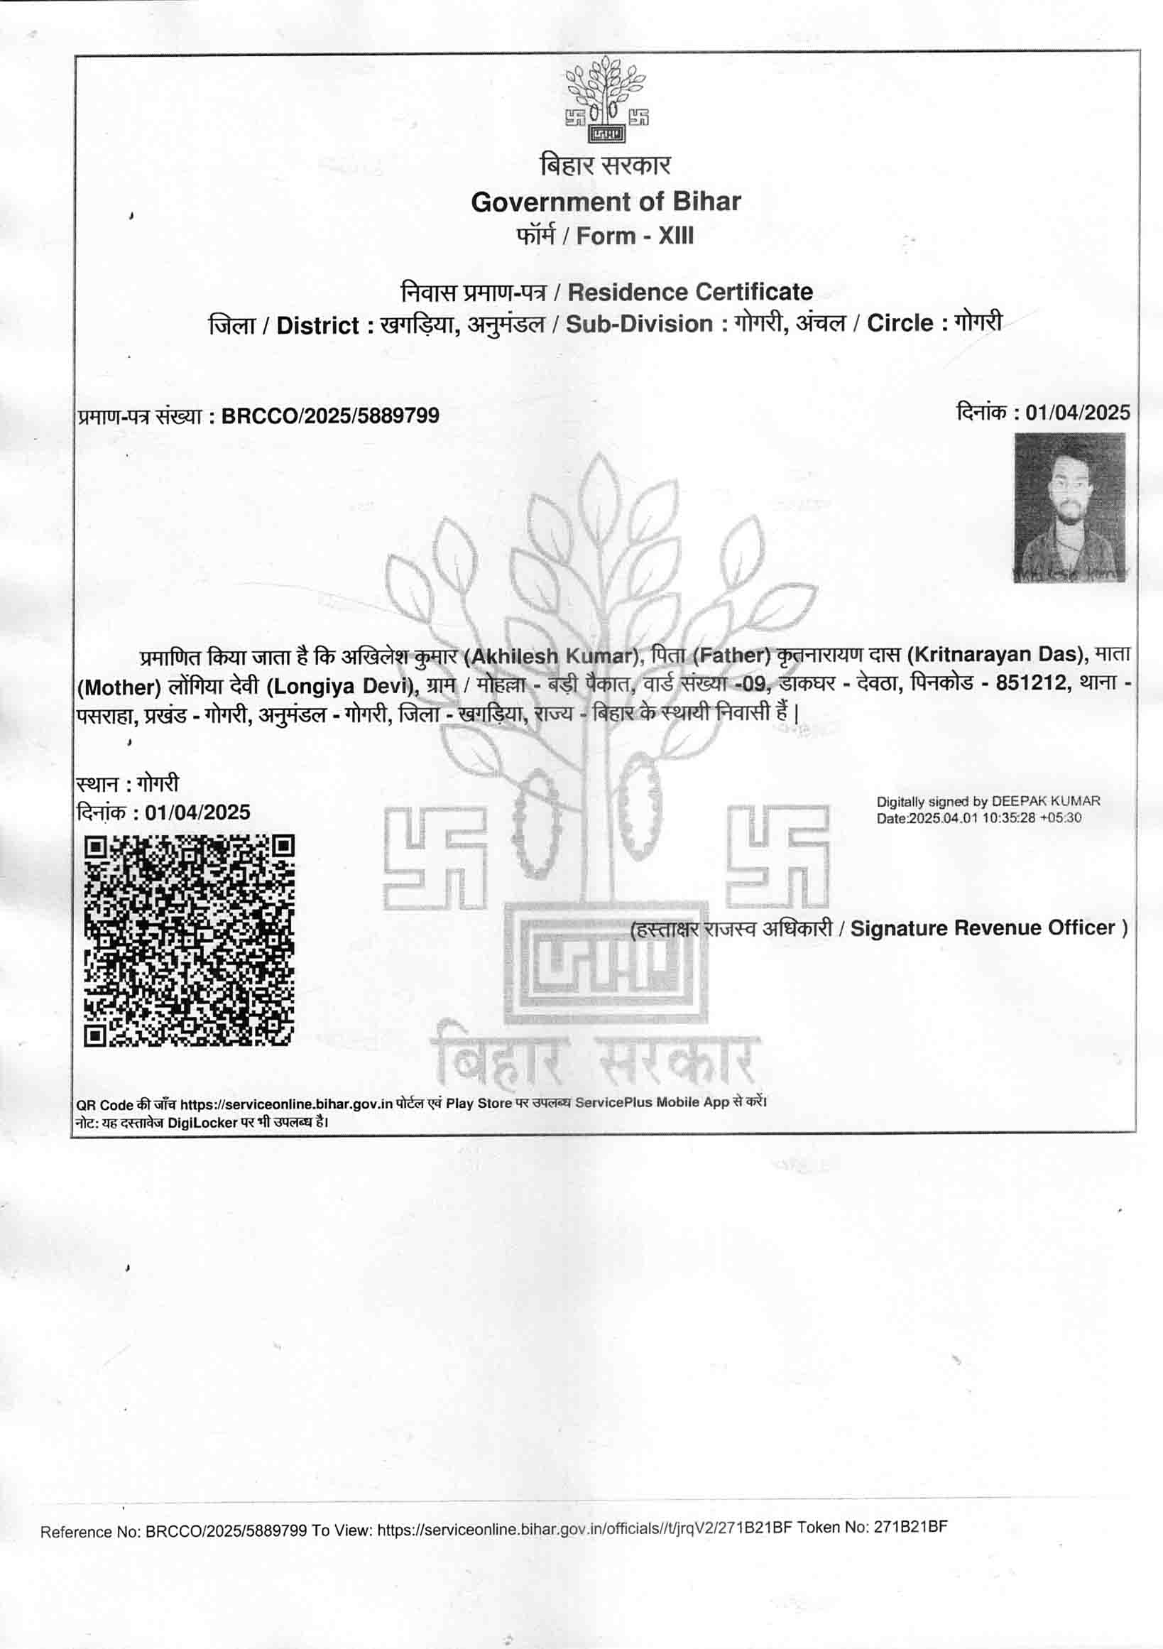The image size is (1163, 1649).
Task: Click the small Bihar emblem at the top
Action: click(x=606, y=100)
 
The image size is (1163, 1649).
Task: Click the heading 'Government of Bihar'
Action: click(x=605, y=202)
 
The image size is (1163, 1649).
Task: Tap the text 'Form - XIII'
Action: click(x=635, y=236)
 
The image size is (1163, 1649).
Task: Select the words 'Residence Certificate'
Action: click(x=690, y=292)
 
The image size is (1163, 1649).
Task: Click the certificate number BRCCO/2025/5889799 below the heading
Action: click(x=330, y=416)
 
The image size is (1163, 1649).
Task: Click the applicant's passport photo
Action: click(x=1069, y=507)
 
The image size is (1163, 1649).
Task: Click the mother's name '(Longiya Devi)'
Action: click(x=341, y=687)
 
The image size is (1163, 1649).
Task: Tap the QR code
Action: click(x=190, y=940)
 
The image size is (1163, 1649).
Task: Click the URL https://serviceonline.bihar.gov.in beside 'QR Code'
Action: click(x=285, y=1104)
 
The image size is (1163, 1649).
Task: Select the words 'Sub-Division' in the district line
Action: click(x=639, y=324)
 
